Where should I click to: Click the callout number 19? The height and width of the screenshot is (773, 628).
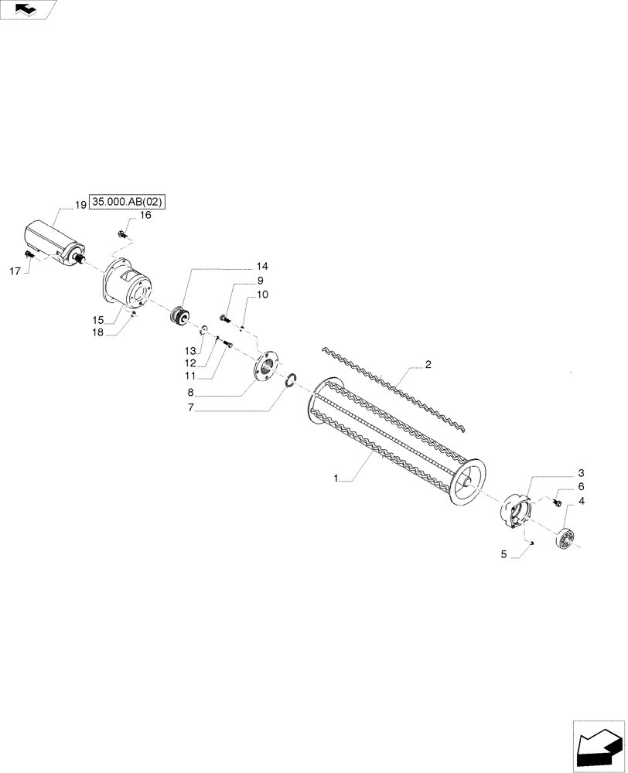coord(80,205)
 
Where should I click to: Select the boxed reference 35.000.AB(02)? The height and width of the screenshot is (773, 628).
coord(128,203)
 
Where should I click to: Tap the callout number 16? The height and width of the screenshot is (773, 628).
coord(145,216)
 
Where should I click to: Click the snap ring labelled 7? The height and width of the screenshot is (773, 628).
coord(290,380)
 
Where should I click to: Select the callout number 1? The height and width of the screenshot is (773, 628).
coord(336,479)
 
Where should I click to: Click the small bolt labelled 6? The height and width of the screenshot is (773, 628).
coord(556,502)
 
